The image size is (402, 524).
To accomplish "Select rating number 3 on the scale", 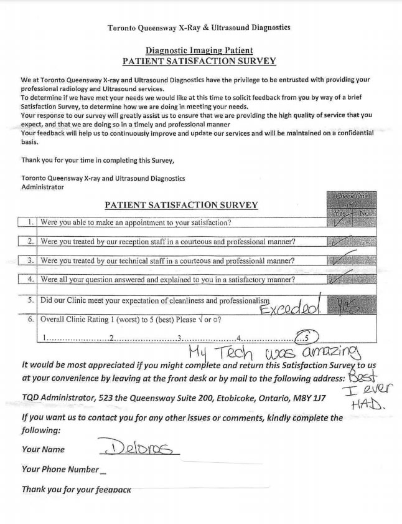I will tap(179, 338).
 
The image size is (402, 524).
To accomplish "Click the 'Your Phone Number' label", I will tap(60, 469).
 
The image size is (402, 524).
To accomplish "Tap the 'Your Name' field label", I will tap(43, 449).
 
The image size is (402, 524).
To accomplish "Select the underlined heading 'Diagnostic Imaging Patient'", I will tap(199, 50).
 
